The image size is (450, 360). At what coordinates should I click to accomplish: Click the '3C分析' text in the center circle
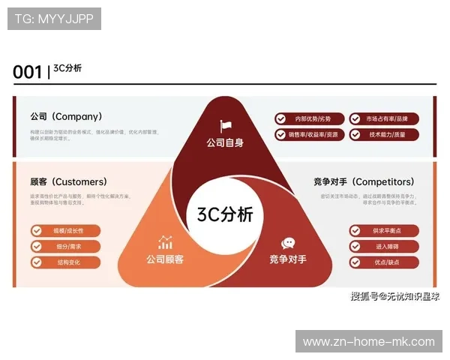pyautogui.click(x=225, y=214)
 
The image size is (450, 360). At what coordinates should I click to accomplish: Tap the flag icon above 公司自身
pyautogui.click(x=226, y=126)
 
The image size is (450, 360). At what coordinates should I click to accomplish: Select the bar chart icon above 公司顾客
pyautogui.click(x=165, y=242)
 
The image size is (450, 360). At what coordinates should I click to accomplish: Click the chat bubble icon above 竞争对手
pyautogui.click(x=288, y=243)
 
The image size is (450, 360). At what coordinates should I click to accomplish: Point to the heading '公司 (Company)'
pyautogui.click(x=66, y=117)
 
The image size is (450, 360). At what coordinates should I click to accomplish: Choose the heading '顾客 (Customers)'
pyautogui.click(x=68, y=181)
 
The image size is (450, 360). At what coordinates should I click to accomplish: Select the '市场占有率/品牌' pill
pyautogui.click(x=382, y=118)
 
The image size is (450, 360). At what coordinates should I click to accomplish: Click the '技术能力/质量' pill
pyautogui.click(x=382, y=135)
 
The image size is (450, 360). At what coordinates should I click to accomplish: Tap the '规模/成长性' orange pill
pyautogui.click(x=65, y=231)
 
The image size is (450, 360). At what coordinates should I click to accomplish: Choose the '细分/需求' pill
pyautogui.click(x=65, y=247)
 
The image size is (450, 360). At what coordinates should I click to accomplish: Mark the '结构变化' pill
pyautogui.click(x=65, y=262)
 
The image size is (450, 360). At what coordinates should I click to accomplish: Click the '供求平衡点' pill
pyautogui.click(x=383, y=231)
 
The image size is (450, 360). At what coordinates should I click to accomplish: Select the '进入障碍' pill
pyautogui.click(x=383, y=247)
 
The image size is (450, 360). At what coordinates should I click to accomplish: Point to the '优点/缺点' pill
pyautogui.click(x=383, y=262)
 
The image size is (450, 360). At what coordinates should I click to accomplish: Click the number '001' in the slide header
pyautogui.click(x=27, y=72)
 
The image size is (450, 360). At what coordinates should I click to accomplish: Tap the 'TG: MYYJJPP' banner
pyautogui.click(x=54, y=19)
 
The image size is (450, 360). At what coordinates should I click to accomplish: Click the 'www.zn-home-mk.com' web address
pyautogui.click(x=368, y=342)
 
